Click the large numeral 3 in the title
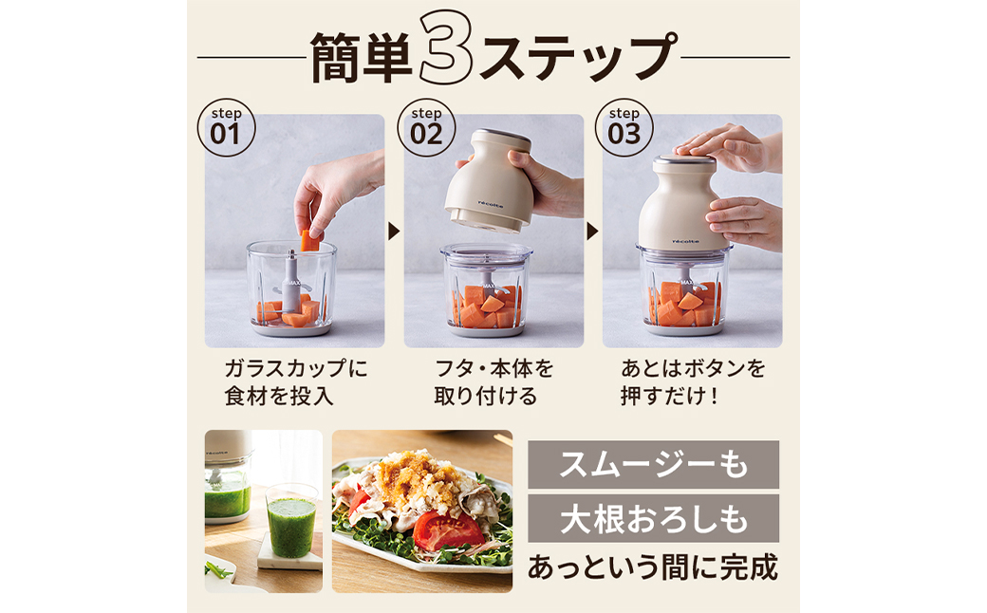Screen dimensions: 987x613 click(446, 47)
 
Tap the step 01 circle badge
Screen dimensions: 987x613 click(226, 127)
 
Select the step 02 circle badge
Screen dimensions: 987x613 click(426, 127)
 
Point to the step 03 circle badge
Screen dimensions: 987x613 click(624, 127)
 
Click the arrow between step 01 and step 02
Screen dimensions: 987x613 click(394, 231)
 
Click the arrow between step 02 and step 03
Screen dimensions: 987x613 click(592, 231)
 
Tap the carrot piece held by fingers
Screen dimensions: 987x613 click(309, 240)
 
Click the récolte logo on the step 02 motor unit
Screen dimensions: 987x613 click(491, 204)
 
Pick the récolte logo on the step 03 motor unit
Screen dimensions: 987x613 click(685, 241)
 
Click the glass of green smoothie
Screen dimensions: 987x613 click(290, 521)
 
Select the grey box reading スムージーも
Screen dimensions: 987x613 click(653, 464)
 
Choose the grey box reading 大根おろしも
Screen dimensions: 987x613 click(653, 519)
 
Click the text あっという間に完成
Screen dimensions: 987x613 click(653, 567)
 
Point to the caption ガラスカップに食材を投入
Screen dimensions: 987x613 click(296, 382)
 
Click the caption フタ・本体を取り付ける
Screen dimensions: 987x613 click(493, 382)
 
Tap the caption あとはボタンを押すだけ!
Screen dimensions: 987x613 click(693, 382)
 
